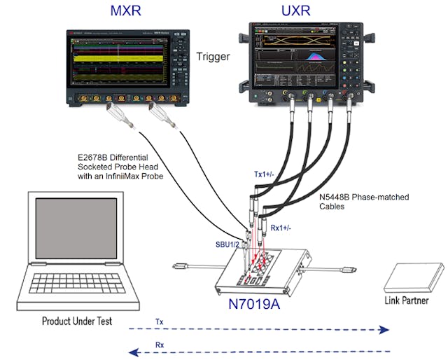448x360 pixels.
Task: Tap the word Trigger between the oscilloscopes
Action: pyautogui.click(x=213, y=57)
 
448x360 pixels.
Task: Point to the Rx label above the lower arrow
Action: pyautogui.click(x=160, y=344)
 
